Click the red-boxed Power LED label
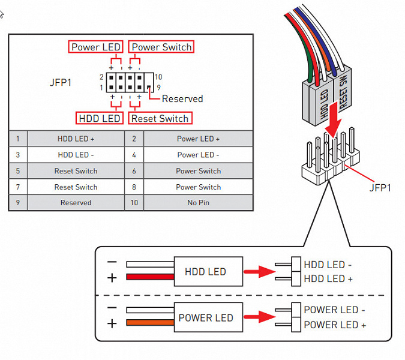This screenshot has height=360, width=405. click(x=96, y=47)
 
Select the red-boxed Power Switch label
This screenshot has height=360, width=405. click(x=162, y=47)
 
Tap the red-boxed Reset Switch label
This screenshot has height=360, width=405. click(x=160, y=118)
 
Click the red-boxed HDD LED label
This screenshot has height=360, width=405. click(x=100, y=118)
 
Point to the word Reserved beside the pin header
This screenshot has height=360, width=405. click(x=182, y=99)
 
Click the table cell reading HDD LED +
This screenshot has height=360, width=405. click(x=76, y=139)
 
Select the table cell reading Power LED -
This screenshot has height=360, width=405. click(x=198, y=155)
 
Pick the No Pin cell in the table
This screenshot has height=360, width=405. click(x=198, y=203)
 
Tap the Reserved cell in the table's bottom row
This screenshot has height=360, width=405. click(x=76, y=203)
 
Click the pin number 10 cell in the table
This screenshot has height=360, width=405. click(x=134, y=203)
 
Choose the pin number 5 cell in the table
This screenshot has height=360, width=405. click(x=18, y=171)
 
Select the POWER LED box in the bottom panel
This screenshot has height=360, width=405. click(x=206, y=317)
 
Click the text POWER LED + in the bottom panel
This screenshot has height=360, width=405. click(x=335, y=325)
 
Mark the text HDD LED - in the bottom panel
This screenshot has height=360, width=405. click(x=328, y=265)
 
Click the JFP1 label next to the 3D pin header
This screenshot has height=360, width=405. click(x=380, y=188)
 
